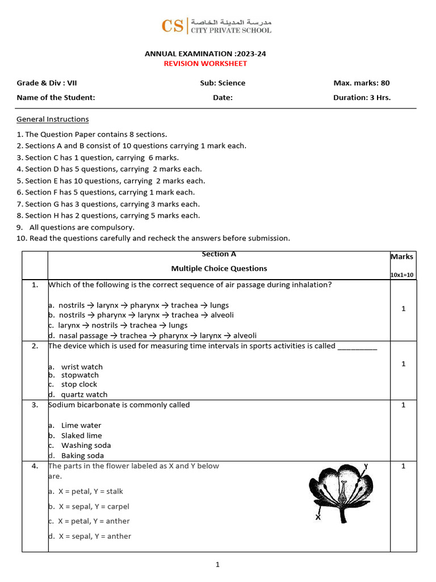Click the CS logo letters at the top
pos(173,26)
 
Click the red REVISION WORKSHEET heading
pos(206,64)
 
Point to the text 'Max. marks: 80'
pos(362,83)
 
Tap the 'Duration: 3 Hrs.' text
pos(362,97)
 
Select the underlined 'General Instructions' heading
pos(53,119)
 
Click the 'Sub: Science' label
pos(223,83)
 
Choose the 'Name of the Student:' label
pos(56,97)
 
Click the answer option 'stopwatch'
pos(80,375)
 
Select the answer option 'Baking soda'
pos(83,455)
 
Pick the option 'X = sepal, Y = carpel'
pos(94,506)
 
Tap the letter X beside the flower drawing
pos(318,517)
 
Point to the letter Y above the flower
pos(366,466)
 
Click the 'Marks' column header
pos(403,257)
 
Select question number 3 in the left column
pos(35,405)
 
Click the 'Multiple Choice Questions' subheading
pos(219,268)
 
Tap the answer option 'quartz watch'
pos(84,394)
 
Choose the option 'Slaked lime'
pos(82,435)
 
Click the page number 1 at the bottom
pos(217,564)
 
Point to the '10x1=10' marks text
pos(403,275)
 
